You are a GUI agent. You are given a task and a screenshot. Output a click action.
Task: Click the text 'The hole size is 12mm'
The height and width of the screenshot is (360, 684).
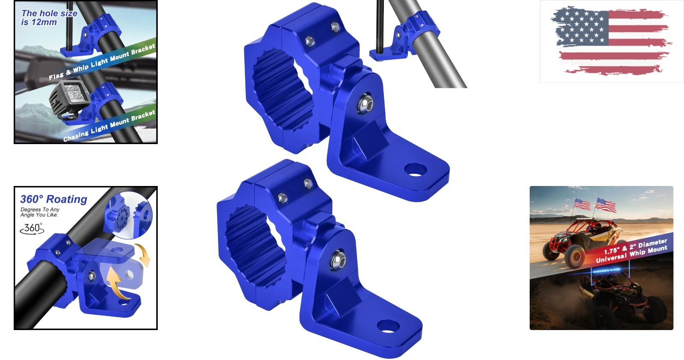49,18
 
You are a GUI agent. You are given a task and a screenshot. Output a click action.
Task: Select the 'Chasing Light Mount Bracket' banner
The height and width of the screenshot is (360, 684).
109,126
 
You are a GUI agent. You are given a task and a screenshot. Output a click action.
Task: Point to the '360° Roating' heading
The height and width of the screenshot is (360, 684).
54,199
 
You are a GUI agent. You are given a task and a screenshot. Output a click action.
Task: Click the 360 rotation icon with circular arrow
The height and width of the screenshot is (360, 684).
32,229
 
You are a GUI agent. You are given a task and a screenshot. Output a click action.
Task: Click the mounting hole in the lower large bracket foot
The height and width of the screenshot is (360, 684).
388,326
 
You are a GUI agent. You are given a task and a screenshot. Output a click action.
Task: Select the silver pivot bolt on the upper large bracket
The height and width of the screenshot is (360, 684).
365,104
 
